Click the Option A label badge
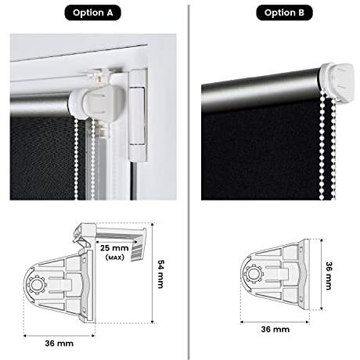[x=92, y=13]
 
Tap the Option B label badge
[x=284, y=13]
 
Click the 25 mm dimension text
[x=114, y=248]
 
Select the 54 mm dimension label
[x=160, y=274]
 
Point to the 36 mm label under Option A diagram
[x=59, y=344]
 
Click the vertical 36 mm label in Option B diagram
[x=329, y=275]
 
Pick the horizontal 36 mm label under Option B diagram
[x=275, y=329]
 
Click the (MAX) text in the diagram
[x=114, y=257]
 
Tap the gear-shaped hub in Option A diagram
[x=37, y=285]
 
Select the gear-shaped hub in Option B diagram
[x=253, y=274]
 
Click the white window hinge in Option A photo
[x=137, y=115]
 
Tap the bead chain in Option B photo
[x=327, y=146]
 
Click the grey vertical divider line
[x=189, y=182]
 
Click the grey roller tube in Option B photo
[x=261, y=88]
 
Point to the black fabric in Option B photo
[x=261, y=154]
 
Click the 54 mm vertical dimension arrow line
[x=153, y=273]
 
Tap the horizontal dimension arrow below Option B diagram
[x=275, y=322]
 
